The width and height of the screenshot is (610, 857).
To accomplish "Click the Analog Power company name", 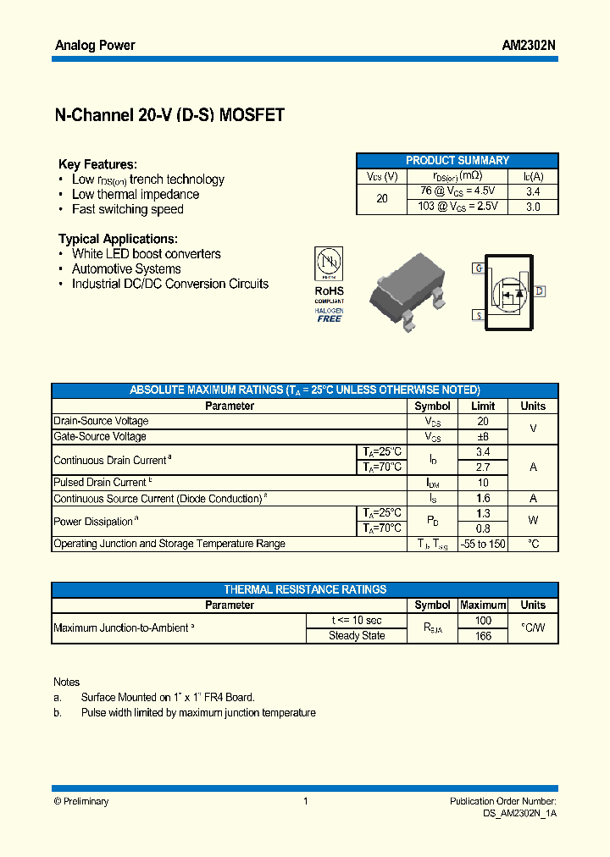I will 95,45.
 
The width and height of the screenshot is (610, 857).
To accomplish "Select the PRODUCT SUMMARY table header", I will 457,160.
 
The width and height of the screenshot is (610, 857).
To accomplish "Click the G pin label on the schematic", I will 479,268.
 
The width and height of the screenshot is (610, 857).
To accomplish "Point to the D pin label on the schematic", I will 539,291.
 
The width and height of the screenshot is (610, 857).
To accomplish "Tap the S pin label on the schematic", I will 479,315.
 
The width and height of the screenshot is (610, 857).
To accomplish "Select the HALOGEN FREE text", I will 329,314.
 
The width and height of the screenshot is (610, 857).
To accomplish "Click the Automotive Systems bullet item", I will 126,268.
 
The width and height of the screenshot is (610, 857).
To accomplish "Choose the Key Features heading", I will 97,164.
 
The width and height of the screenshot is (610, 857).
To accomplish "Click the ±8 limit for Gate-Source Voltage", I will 483,437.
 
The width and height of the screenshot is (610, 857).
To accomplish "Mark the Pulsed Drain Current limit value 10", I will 483,483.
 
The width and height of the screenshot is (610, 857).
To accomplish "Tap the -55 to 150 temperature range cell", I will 483,544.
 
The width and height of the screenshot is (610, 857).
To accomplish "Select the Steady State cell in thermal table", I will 357,636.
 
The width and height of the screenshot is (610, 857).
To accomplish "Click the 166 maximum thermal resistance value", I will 483,636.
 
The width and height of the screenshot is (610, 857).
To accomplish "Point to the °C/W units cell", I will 533,628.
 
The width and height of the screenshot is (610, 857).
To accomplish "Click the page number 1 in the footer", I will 305,801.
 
